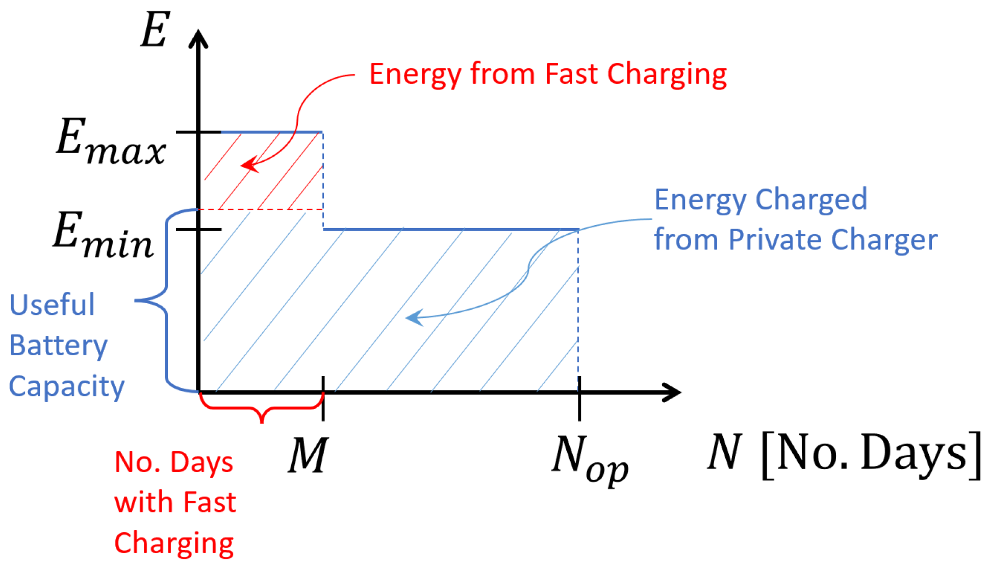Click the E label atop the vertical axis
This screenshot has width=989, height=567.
pos(155,31)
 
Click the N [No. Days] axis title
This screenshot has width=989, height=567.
pos(844,453)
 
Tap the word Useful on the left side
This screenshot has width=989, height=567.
pos(52,305)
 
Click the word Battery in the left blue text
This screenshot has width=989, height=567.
pos(58,346)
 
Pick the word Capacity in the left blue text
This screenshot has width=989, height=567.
pos(66,387)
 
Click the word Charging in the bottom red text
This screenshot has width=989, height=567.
pos(173,544)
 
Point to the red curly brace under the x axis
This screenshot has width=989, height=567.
pos(262,411)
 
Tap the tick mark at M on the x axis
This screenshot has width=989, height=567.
pos(323,398)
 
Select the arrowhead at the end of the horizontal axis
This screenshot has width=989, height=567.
pos(673,392)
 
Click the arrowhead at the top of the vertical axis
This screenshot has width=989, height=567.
pos(198,38)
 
